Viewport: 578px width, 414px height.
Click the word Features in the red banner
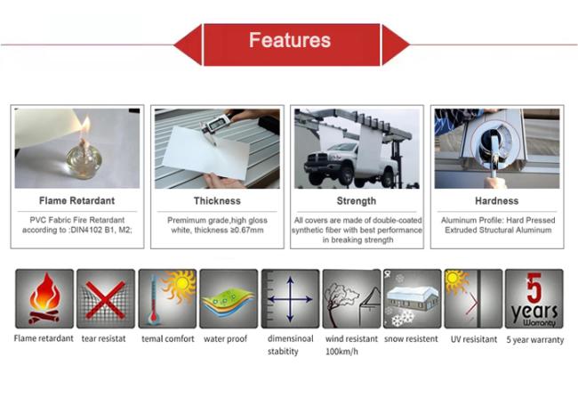pyautogui.click(x=290, y=40)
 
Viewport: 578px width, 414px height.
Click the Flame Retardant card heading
pyautogui.click(x=76, y=200)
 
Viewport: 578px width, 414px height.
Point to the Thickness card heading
pyautogui.click(x=217, y=200)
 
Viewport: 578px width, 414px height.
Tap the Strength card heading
pyautogui.click(x=357, y=200)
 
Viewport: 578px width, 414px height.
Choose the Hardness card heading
pyautogui.click(x=496, y=200)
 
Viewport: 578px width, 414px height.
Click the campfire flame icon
pyautogui.click(x=44, y=298)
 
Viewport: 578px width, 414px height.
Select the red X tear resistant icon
pyautogui.click(x=106, y=300)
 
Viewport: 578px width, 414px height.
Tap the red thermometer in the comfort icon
pyautogui.click(x=153, y=301)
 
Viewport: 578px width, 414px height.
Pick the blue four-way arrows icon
pyautogui.click(x=290, y=299)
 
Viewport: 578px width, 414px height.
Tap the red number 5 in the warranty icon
pyautogui.click(x=534, y=288)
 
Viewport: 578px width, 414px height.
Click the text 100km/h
pyautogui.click(x=341, y=352)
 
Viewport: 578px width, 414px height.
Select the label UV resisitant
pyautogui.click(x=474, y=339)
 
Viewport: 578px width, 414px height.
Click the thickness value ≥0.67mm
pyautogui.click(x=246, y=231)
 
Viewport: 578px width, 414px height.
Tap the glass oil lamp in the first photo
pyautogui.click(x=84, y=160)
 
